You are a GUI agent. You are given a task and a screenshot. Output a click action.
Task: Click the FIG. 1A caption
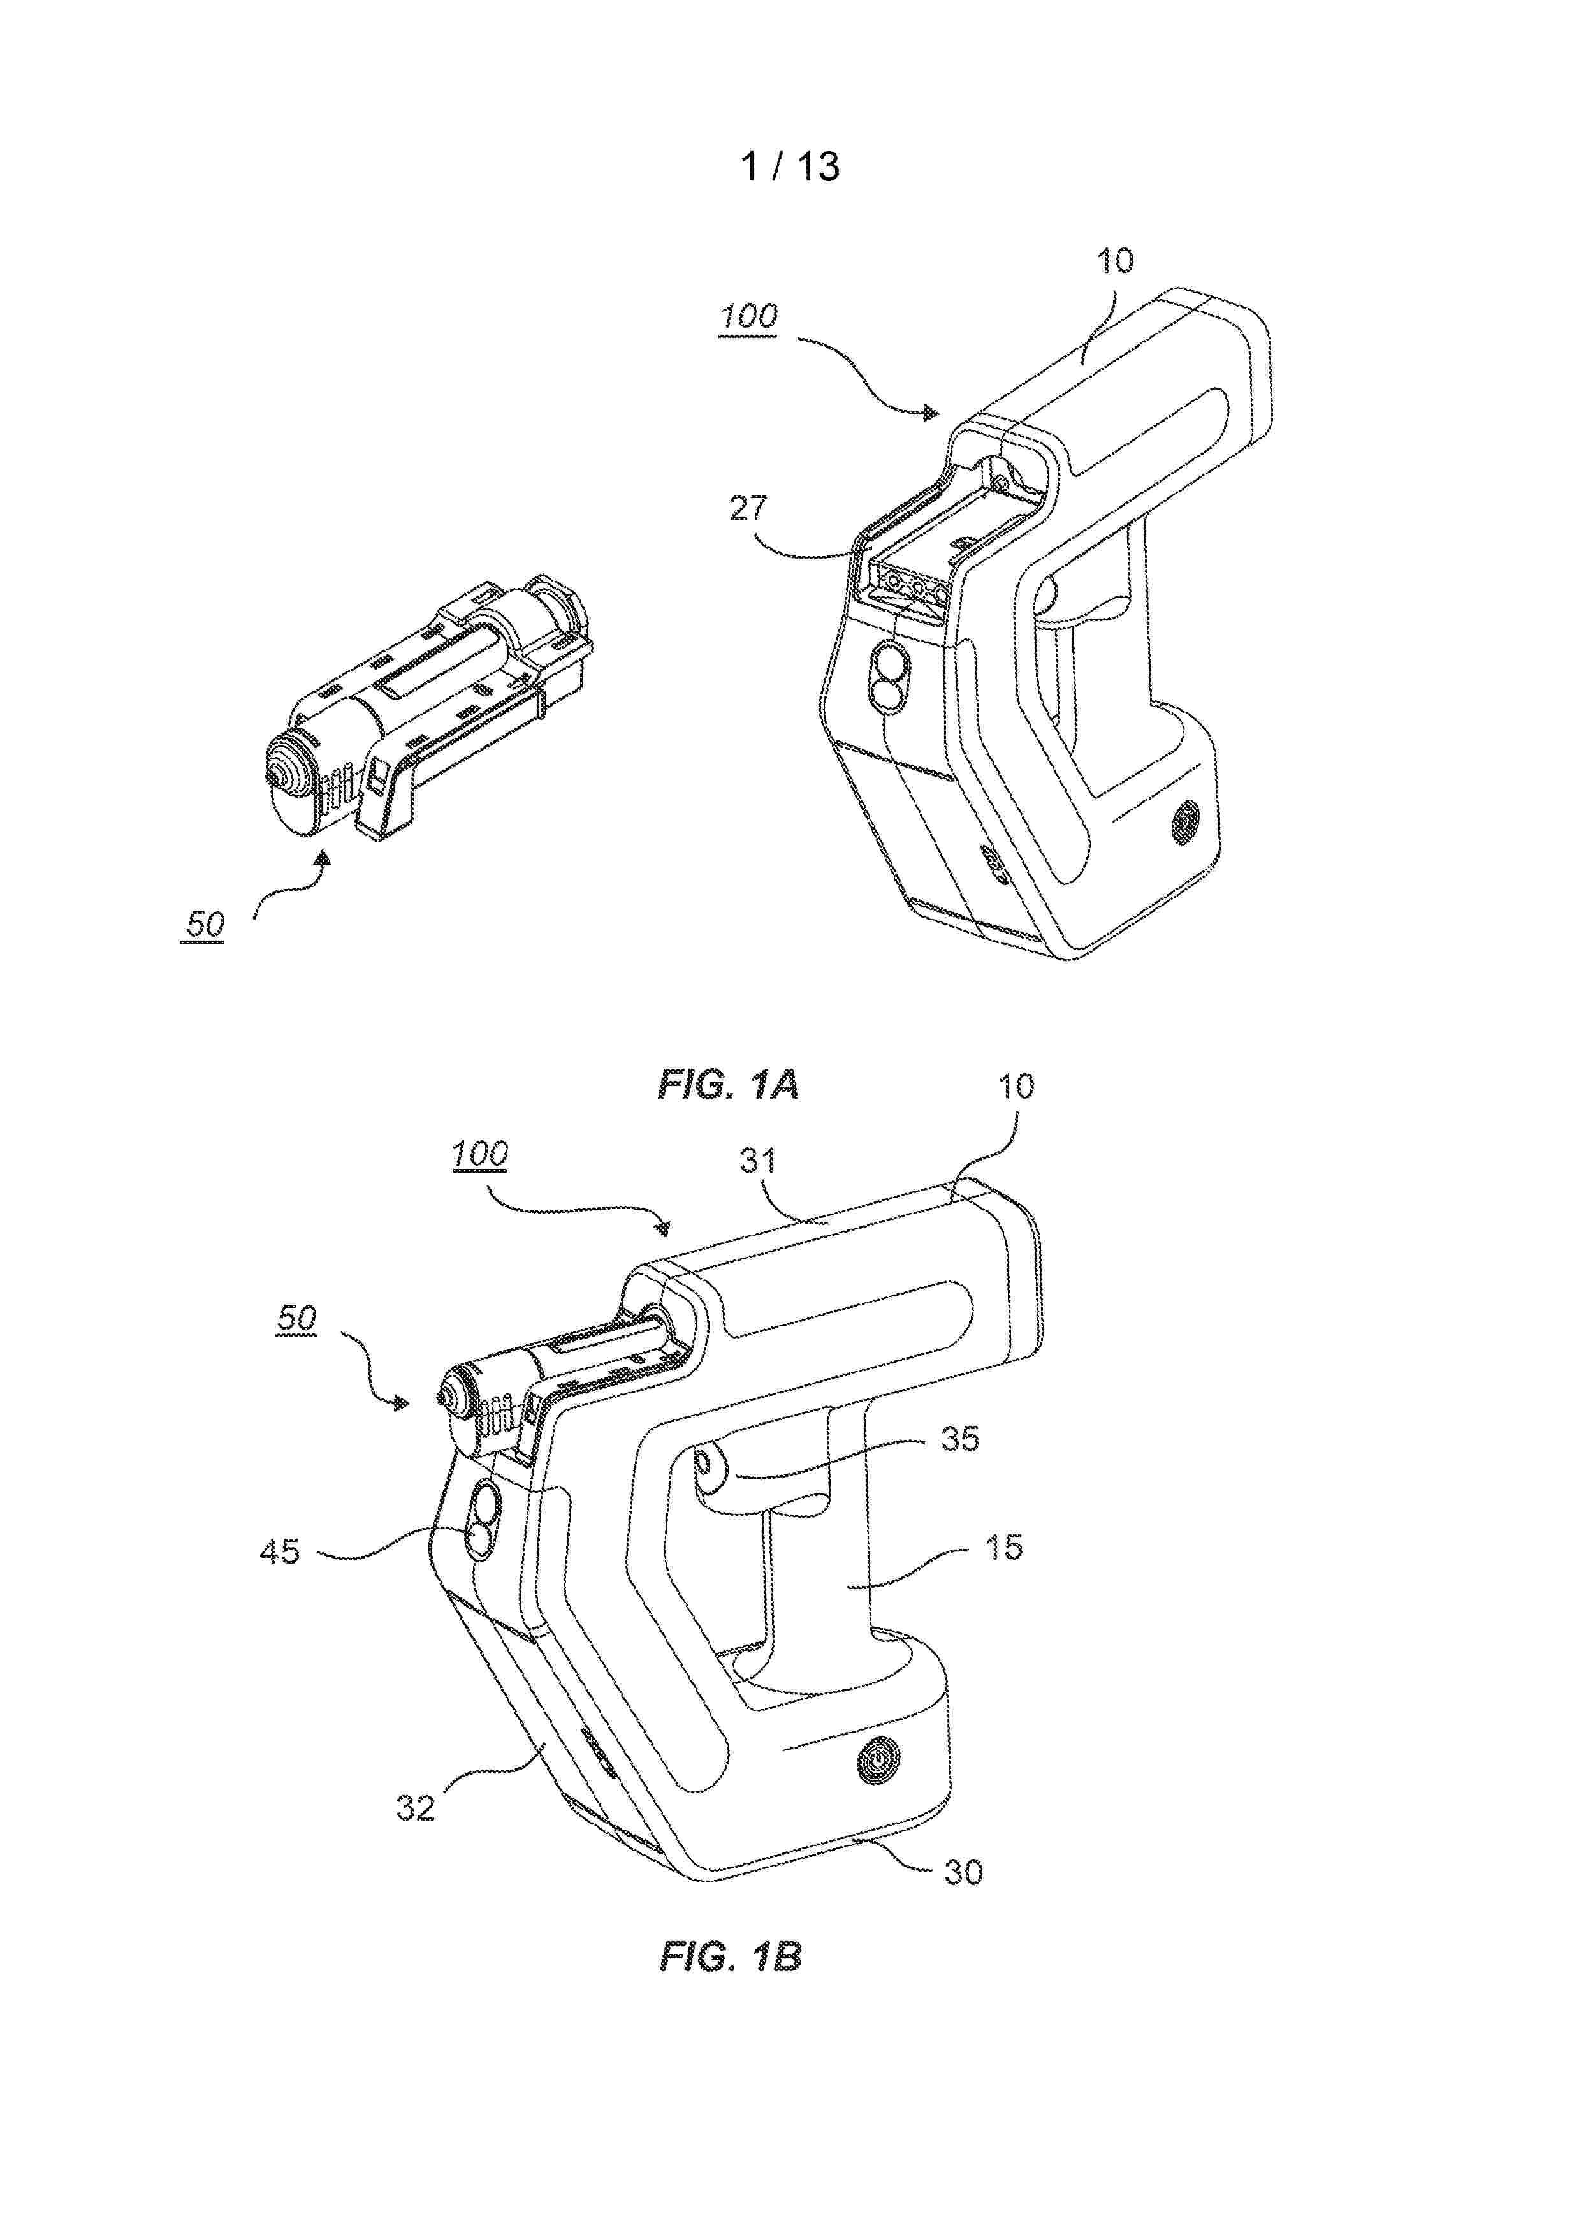729,1085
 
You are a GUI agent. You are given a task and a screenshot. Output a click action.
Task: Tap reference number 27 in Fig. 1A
749,509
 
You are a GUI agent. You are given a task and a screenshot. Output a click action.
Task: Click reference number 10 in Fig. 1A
1116,261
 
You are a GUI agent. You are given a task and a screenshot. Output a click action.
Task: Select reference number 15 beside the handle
1004,1546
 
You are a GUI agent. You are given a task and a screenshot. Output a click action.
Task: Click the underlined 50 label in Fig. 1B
297,1318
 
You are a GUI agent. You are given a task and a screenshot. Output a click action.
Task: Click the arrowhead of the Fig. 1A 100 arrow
933,413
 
